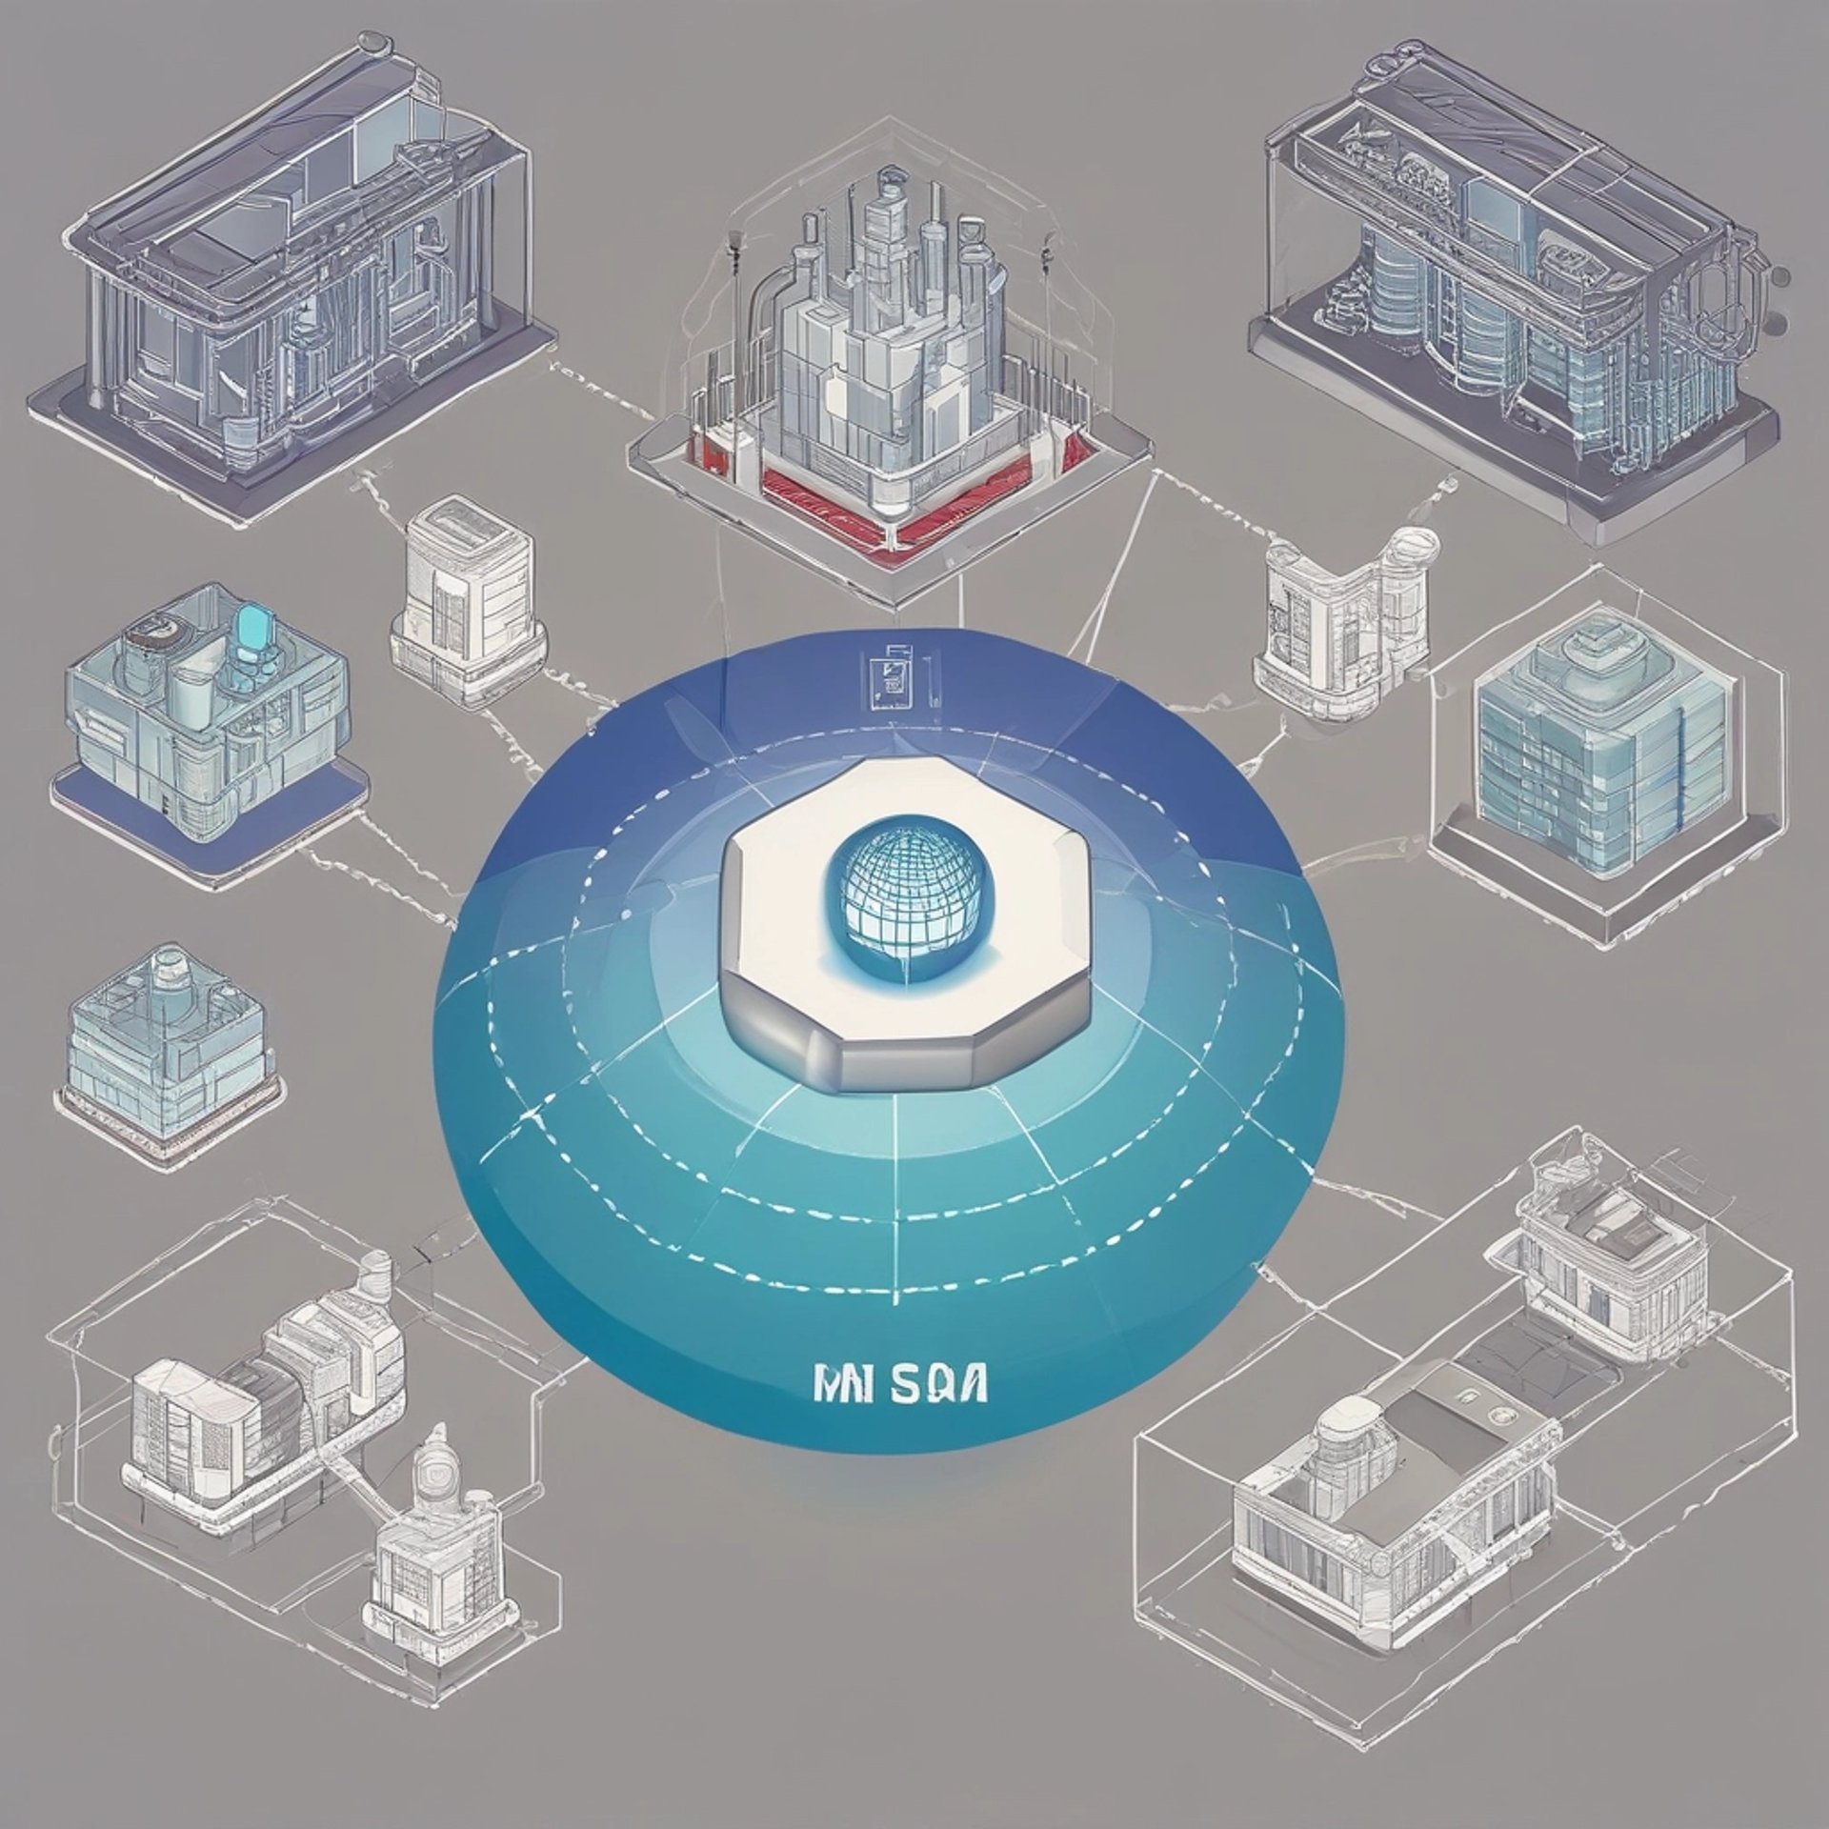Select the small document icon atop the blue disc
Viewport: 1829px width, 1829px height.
pos(892,678)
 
